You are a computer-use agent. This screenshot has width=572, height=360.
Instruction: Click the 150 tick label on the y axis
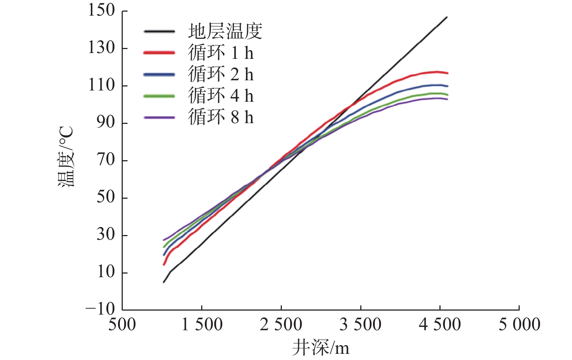[x=101, y=11]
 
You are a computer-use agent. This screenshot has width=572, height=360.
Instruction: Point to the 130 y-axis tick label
[x=101, y=48]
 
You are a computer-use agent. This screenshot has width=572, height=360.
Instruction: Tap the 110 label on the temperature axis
[x=101, y=85]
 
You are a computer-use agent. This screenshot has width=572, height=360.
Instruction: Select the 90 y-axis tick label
[x=106, y=123]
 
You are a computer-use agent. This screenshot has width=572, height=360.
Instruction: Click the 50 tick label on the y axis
[x=106, y=197]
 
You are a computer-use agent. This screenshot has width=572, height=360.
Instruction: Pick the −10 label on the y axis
[x=100, y=310]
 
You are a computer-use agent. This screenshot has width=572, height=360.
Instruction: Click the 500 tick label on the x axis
[x=122, y=324]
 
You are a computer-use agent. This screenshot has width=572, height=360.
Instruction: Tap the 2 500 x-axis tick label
[x=281, y=324]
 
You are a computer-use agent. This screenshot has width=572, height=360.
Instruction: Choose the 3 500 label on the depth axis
[x=360, y=324]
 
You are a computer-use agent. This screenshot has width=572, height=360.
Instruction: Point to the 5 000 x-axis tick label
[x=519, y=324]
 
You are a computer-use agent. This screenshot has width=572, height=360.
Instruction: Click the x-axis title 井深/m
[x=320, y=348]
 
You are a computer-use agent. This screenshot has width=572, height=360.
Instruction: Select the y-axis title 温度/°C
[x=66, y=157]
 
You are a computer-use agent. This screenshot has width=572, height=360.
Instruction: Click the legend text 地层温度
[x=225, y=32]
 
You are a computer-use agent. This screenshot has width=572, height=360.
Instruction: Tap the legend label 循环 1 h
[x=221, y=53]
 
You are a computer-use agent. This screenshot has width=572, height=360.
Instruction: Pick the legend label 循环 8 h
[x=221, y=117]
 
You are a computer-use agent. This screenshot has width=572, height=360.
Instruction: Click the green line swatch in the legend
[x=159, y=96]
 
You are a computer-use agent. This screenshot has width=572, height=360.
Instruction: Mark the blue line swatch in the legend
[x=159, y=74]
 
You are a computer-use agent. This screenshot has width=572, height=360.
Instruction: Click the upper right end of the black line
[x=447, y=17]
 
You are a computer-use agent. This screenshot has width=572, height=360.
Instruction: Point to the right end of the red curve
[x=447, y=73]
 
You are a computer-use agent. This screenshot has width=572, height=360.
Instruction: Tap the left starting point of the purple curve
[x=164, y=240]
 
